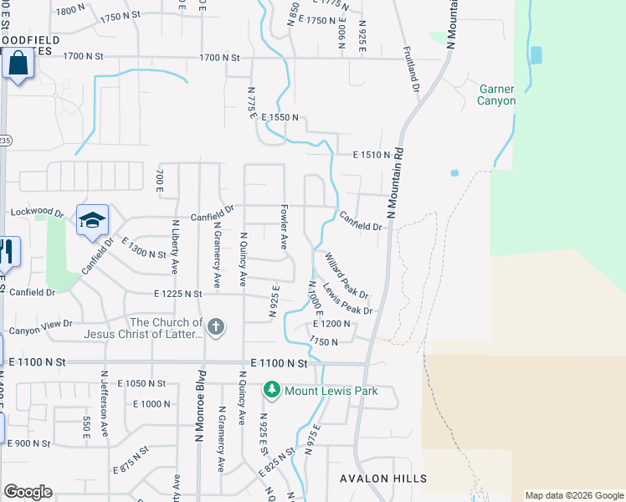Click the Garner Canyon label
coord(497,95)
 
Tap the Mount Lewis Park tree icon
coord(272,390)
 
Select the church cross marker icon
coord(216,326)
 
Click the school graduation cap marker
coord(93,220)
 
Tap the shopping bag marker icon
coord(18,64)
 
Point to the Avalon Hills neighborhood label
coord(383,479)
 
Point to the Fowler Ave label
coord(284,231)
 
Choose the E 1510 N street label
coord(372,155)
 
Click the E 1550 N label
coord(280,119)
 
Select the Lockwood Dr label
coord(36,213)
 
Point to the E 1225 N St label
coord(178,294)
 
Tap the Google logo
coord(28,492)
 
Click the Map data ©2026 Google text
coord(574,495)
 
